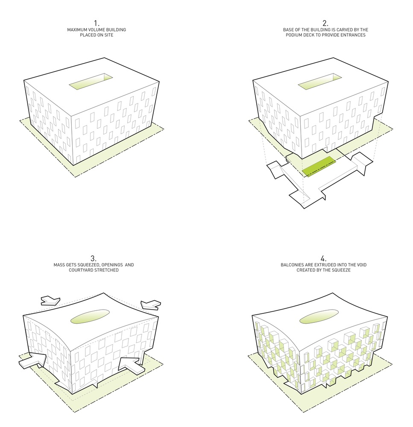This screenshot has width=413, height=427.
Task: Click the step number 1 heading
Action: tap(97, 23)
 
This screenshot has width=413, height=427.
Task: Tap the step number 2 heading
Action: tap(325, 23)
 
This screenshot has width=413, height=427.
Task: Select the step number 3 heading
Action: tap(94, 258)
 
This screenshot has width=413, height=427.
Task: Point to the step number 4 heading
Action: tap(323, 258)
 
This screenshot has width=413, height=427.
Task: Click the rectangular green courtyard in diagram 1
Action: tap(91, 82)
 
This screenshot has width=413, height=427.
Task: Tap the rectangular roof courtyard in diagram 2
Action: tap(320, 82)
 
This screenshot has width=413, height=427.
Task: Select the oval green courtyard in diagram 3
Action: tap(90, 316)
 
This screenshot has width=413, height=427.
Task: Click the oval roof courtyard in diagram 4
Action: tap(319, 316)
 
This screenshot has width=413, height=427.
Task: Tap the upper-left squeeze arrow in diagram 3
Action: tap(50, 300)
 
